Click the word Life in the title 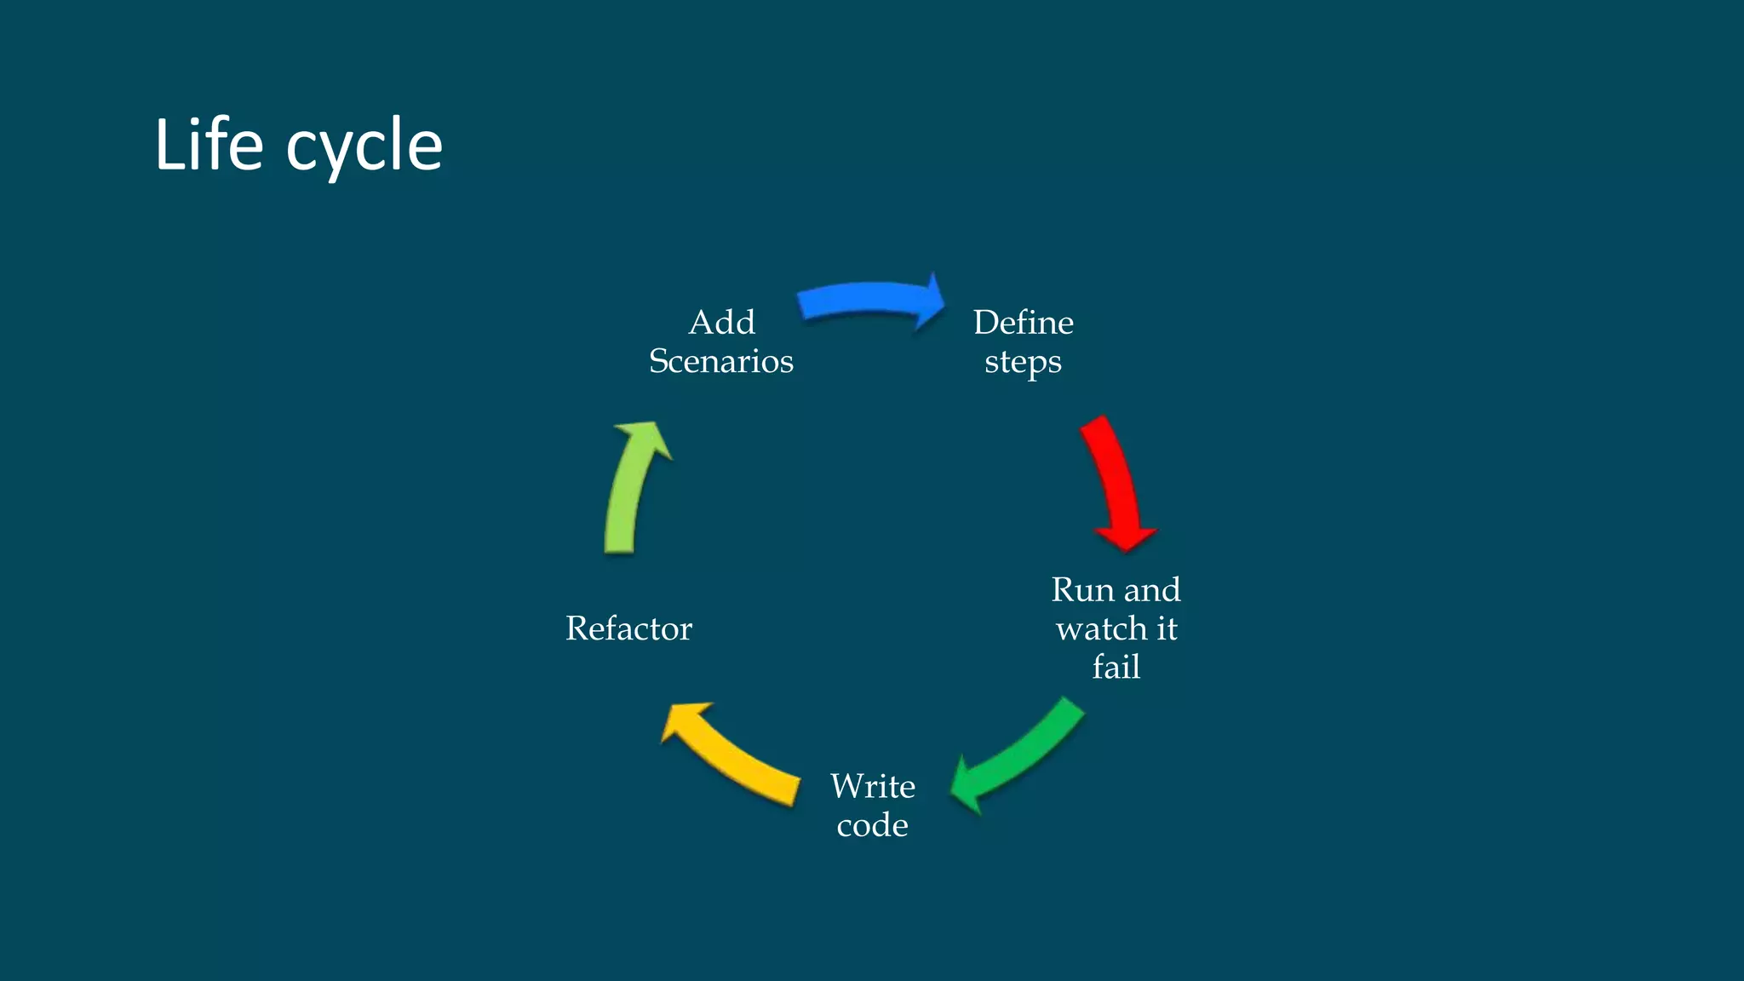[x=209, y=145]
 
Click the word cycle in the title [x=364, y=147]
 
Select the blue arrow [x=864, y=301]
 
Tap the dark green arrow [x=1022, y=754]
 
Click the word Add [x=721, y=322]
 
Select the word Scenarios [x=721, y=361]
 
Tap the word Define [x=1023, y=322]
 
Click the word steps [x=1023, y=362]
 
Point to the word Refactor [x=628, y=628]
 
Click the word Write [x=873, y=785]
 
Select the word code [x=872, y=824]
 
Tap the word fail [x=1116, y=667]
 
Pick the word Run [x=1082, y=589]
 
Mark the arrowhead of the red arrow [x=1126, y=536]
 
